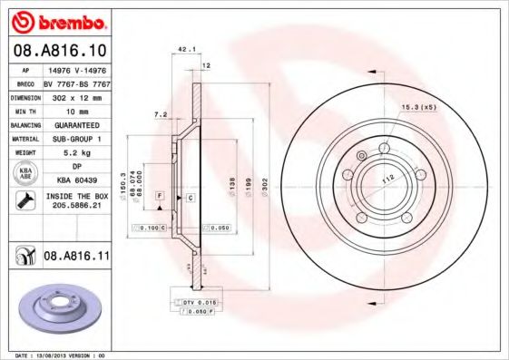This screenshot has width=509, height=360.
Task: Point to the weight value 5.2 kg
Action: pos(76,153)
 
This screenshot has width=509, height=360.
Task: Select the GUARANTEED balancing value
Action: pos(76,124)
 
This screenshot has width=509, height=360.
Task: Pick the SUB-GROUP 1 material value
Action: pos(76,139)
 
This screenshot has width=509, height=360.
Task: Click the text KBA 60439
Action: pos(76,180)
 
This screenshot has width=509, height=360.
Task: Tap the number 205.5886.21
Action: pos(76,206)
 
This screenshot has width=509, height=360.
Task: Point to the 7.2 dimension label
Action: pos(162,115)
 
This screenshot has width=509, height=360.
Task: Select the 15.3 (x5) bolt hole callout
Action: pos(418,108)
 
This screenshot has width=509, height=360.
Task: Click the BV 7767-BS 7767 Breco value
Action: pos(76,82)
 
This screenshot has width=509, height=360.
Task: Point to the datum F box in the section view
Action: pos(159,196)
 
